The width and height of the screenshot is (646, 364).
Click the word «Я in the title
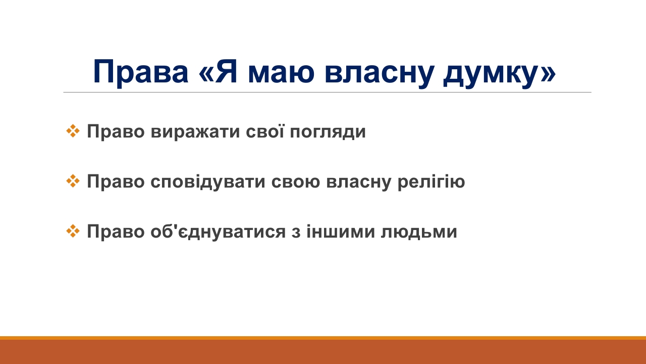(x=219, y=71)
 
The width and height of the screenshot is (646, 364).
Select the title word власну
(x=379, y=74)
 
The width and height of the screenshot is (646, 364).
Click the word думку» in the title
(x=500, y=74)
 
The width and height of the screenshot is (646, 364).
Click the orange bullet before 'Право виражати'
(x=73, y=131)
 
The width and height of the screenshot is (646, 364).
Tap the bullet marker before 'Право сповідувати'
(x=73, y=181)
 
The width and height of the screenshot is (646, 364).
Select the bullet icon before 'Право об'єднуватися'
(x=73, y=231)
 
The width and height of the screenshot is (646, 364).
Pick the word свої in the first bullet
(x=265, y=131)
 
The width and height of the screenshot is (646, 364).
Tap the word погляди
(x=328, y=132)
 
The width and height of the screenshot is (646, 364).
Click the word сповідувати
(x=207, y=181)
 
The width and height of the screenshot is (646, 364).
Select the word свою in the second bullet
(x=296, y=183)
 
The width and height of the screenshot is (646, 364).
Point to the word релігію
(x=432, y=183)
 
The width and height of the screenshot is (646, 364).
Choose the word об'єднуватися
(x=218, y=232)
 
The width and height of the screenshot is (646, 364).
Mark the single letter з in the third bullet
(x=296, y=233)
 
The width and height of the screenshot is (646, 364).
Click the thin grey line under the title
(x=328, y=93)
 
